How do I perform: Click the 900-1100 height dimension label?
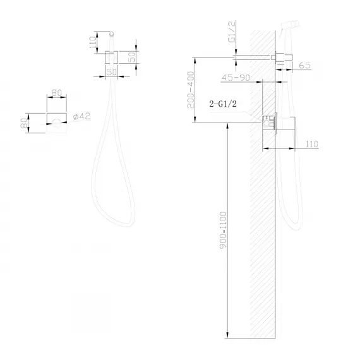point(223,230)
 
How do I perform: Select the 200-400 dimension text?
point(191,90)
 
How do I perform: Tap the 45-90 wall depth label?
point(236,78)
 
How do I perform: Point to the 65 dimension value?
point(305,65)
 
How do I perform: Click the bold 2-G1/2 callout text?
point(223,104)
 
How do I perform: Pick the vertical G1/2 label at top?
point(232,32)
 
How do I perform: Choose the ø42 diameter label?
point(82,116)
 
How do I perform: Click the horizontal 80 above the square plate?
point(57,93)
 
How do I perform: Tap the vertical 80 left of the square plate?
point(24,123)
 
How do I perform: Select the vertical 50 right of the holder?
point(132,57)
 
